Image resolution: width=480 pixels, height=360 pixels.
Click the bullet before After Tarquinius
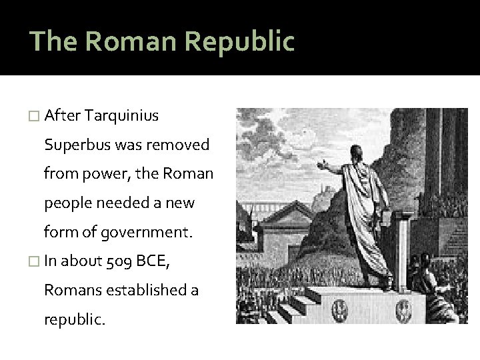tap(35, 116)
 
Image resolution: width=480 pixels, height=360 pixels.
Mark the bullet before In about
tap(35, 262)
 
